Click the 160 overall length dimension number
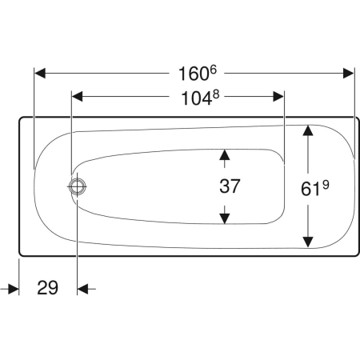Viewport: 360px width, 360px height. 193,74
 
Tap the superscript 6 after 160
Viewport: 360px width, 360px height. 214,70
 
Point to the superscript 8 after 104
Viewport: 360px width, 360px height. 216,94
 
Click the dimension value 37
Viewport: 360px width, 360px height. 230,186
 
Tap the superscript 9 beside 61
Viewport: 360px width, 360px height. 326,185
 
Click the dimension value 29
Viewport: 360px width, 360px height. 47,288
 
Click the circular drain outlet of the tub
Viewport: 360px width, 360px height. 78,186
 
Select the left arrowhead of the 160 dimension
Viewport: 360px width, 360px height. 40,74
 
